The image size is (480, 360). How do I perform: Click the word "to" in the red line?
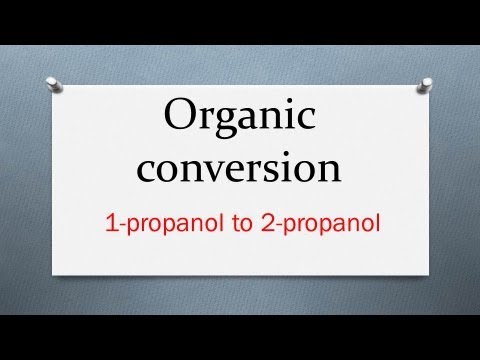243,225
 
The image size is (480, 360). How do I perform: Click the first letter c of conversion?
148,171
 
